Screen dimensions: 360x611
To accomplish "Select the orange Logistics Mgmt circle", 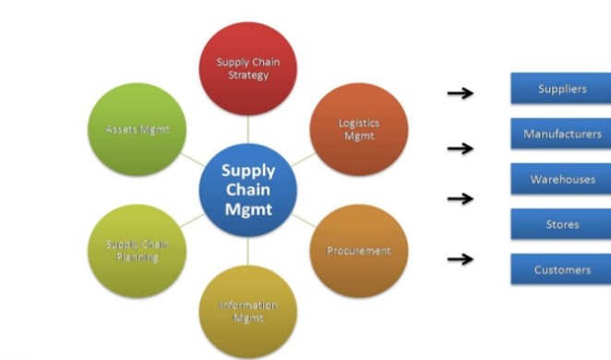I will point(356,129).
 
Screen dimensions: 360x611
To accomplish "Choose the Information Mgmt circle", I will point(247,310).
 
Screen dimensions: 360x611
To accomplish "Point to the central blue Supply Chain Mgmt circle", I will point(247,190).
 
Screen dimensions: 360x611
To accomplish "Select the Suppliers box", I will point(561,90).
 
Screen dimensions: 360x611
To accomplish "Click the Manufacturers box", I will point(561,134).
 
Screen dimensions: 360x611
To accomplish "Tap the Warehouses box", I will point(561,179).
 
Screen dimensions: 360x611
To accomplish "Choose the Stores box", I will point(561,223).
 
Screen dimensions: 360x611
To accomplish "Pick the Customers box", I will point(561,270).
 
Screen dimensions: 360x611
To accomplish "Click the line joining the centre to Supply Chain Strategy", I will point(247,129).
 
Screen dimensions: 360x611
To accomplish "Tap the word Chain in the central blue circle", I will point(247,190).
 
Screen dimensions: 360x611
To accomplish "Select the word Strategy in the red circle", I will point(247,75).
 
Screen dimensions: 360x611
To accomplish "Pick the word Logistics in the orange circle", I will point(359,123).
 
